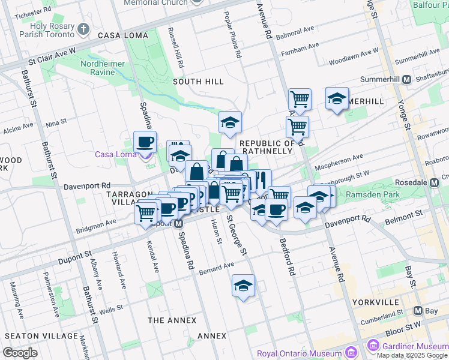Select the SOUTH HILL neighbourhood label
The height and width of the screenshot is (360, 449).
click(x=198, y=82)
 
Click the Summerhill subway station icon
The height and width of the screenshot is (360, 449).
click(x=406, y=79)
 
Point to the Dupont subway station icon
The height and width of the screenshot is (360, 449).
click(x=178, y=224)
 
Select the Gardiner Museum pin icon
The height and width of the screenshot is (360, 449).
click(x=373, y=346)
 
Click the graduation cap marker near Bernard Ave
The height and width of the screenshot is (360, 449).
click(x=243, y=286)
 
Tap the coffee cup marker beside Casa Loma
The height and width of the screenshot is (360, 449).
click(x=145, y=142)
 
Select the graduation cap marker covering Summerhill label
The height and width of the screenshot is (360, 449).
click(x=337, y=98)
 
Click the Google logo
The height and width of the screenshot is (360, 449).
click(x=20, y=352)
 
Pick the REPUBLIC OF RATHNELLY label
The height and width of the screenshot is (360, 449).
click(x=267, y=147)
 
